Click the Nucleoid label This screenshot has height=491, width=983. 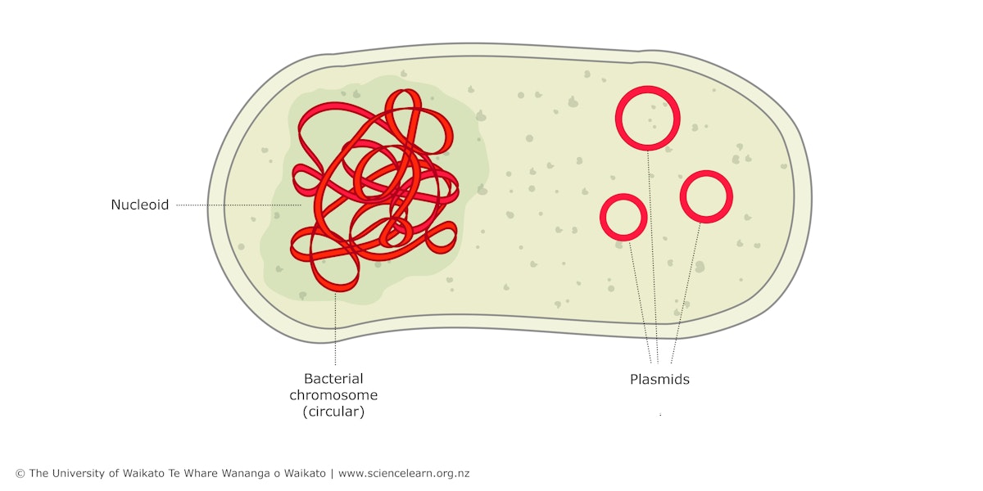139,205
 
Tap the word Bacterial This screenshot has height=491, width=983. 333,379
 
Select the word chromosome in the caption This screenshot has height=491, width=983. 333,395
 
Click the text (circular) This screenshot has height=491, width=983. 333,412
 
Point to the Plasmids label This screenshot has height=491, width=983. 659,379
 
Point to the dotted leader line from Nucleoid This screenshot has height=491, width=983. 238,205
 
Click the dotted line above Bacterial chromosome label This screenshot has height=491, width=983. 335,329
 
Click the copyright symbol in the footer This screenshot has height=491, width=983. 20,474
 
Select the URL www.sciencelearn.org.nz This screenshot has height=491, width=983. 404,474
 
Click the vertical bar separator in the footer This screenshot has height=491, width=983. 332,474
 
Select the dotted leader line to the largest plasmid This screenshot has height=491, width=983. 653,257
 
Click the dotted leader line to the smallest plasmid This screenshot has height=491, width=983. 641,303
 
